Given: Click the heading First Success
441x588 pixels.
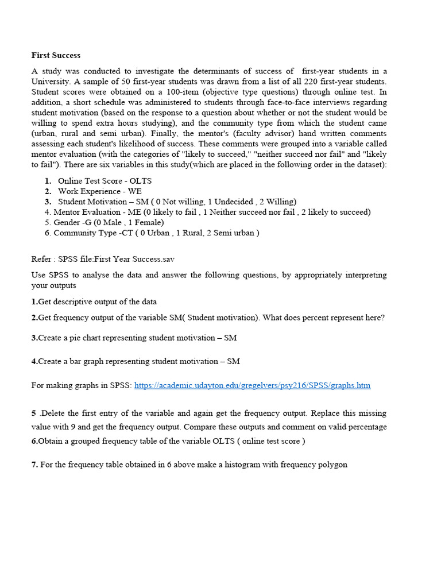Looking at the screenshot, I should [x=56, y=55].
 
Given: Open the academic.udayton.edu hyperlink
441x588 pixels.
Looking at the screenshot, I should [x=252, y=385].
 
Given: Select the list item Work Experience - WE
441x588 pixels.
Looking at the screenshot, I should [x=100, y=191].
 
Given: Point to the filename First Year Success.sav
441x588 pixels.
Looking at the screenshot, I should [x=137, y=260].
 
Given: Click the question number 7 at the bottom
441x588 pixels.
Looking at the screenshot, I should [x=34, y=465].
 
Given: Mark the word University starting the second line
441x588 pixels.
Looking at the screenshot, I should [x=52, y=82].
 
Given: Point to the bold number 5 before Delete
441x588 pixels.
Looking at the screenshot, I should [x=34, y=413].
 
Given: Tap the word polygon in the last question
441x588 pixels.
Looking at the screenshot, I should [x=331, y=465].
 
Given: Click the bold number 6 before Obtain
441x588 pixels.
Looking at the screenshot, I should [x=34, y=441].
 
